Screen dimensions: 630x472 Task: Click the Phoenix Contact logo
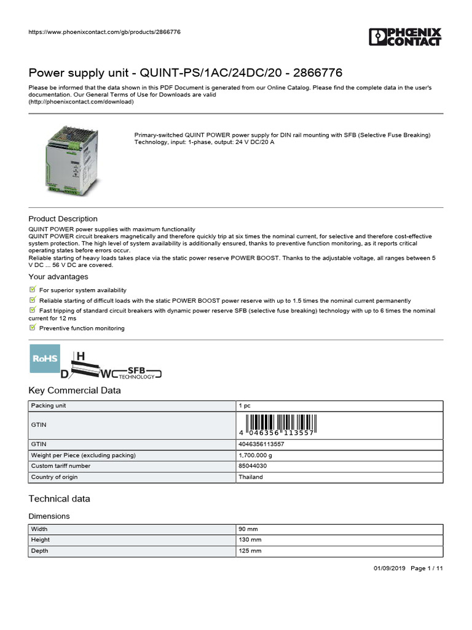point(405,36)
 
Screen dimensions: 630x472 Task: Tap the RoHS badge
point(45,359)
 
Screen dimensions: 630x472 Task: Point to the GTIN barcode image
point(280,425)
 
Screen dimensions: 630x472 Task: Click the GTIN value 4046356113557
point(261,444)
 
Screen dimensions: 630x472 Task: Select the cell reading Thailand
point(251,477)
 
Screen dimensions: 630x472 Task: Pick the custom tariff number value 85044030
point(253,466)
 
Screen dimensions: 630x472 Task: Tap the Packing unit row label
point(49,406)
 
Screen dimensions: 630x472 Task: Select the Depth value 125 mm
point(251,551)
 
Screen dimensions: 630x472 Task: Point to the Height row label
point(41,540)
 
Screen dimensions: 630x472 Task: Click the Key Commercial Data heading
point(75,391)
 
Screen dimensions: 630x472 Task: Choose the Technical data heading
point(59,498)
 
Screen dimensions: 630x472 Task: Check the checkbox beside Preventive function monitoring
point(33,328)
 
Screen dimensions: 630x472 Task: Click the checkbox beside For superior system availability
point(33,289)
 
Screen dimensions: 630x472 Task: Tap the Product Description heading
point(63,219)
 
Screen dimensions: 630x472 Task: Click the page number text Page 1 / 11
point(426,568)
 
